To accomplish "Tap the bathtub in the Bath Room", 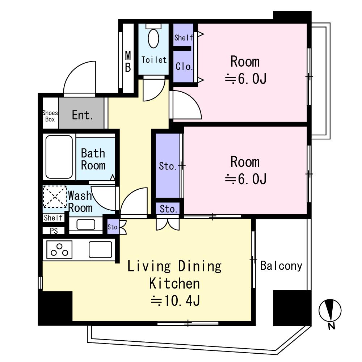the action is pos(59,157).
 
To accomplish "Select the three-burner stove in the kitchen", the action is pos(59,249).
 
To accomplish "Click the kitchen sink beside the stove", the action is pos(100,249).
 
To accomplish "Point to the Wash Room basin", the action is pos(86,224).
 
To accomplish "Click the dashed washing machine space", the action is pos(55,197).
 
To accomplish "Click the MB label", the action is pos(128,62).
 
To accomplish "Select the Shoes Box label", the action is pos(50,116).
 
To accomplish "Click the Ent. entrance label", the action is pos(83,115).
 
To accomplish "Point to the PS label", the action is pos(54,231).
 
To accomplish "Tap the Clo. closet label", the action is pos(184,67).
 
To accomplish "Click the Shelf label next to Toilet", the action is pos(184,37).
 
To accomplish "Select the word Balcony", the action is pos(281,266).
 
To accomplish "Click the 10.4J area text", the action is pos(176,300).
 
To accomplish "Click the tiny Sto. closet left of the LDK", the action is pos(113,227).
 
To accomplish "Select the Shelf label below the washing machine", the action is pos(53,218).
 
